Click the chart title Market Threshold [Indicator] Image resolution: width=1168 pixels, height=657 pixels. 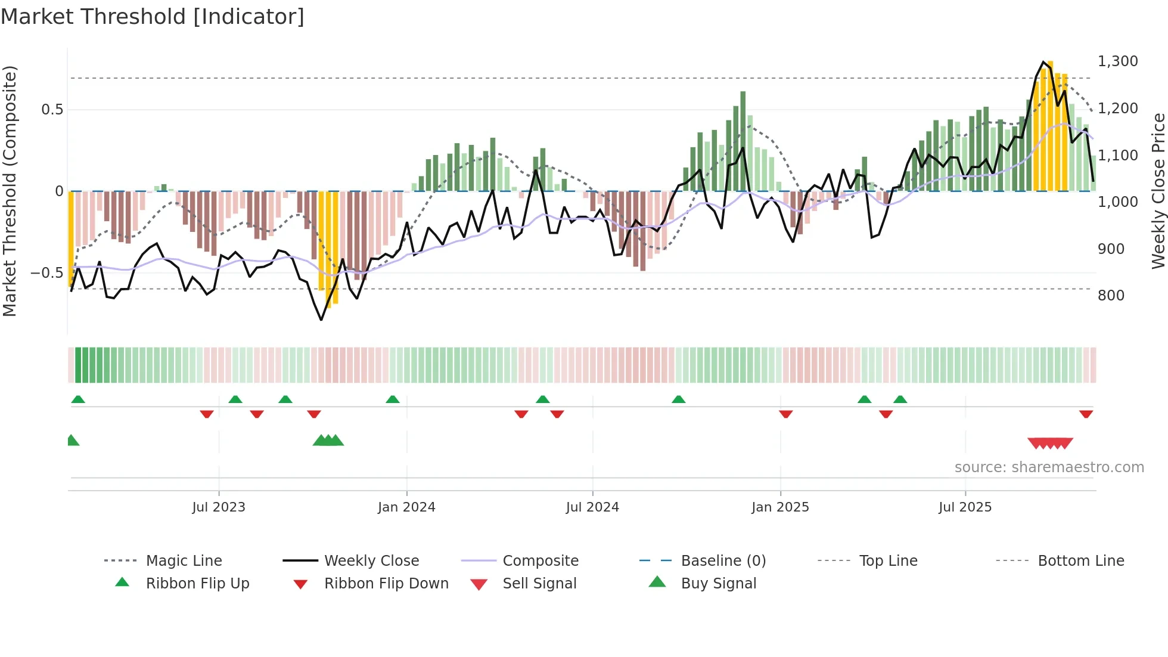[x=153, y=17]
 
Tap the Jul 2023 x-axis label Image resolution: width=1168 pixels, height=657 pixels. [x=219, y=507]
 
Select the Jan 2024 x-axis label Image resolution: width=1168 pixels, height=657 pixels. [x=406, y=507]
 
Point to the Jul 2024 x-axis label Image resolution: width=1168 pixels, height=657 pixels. [x=592, y=507]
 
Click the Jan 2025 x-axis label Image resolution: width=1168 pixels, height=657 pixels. [x=780, y=507]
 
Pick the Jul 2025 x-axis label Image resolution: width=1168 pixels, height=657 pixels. [x=965, y=507]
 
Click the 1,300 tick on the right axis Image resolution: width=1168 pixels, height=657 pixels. [x=1117, y=61]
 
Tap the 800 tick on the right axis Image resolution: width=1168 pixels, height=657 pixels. [x=1111, y=296]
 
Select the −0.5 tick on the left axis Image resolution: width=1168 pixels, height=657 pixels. [x=46, y=273]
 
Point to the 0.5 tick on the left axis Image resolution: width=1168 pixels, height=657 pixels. [x=52, y=110]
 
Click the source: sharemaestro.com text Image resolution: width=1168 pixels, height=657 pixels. [x=1049, y=467]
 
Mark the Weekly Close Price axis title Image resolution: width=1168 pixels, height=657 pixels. [x=1158, y=191]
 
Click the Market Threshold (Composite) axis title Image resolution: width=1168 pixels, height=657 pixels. [x=10, y=191]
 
